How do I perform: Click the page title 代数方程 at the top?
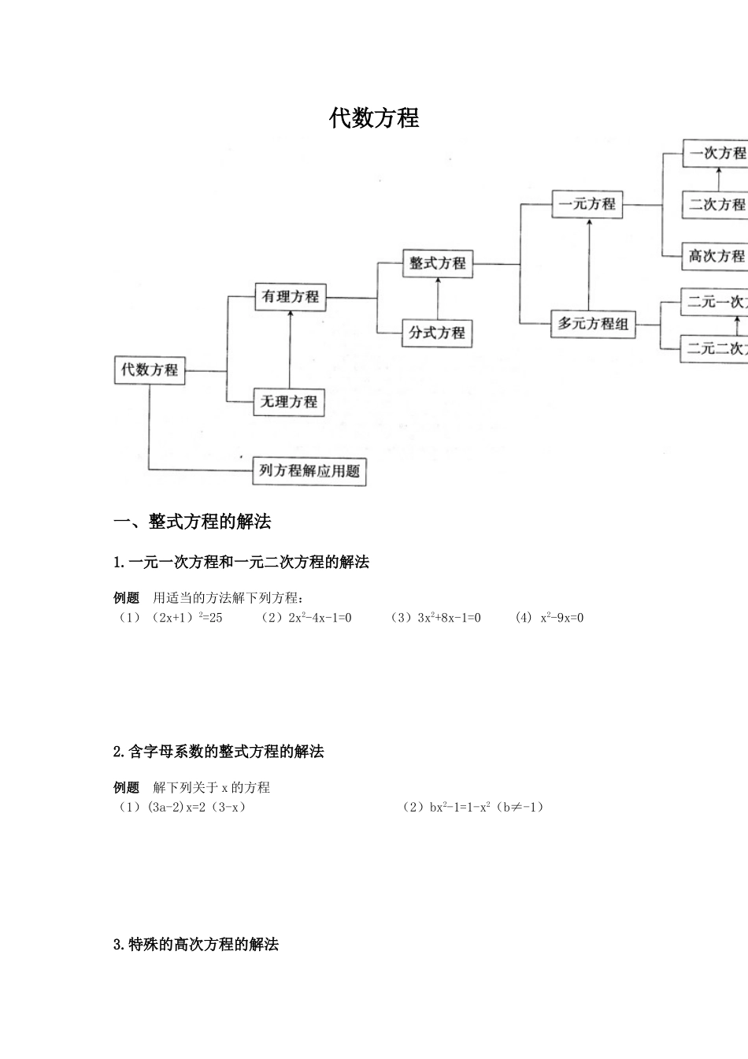(374, 118)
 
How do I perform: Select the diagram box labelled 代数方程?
(150, 370)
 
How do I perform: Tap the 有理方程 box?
(291, 297)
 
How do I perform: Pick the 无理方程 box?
(289, 402)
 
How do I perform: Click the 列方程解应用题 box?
(309, 471)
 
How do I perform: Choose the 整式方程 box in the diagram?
(438, 263)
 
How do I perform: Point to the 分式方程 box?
(437, 333)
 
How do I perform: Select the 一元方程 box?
(587, 204)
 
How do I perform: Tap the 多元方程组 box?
(593, 324)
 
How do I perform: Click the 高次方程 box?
(715, 256)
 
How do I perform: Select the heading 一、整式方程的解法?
(193, 522)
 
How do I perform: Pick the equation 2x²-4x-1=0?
(312, 618)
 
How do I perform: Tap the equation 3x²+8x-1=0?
(441, 618)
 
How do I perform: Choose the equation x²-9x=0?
(561, 618)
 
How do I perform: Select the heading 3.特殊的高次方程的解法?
(196, 945)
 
